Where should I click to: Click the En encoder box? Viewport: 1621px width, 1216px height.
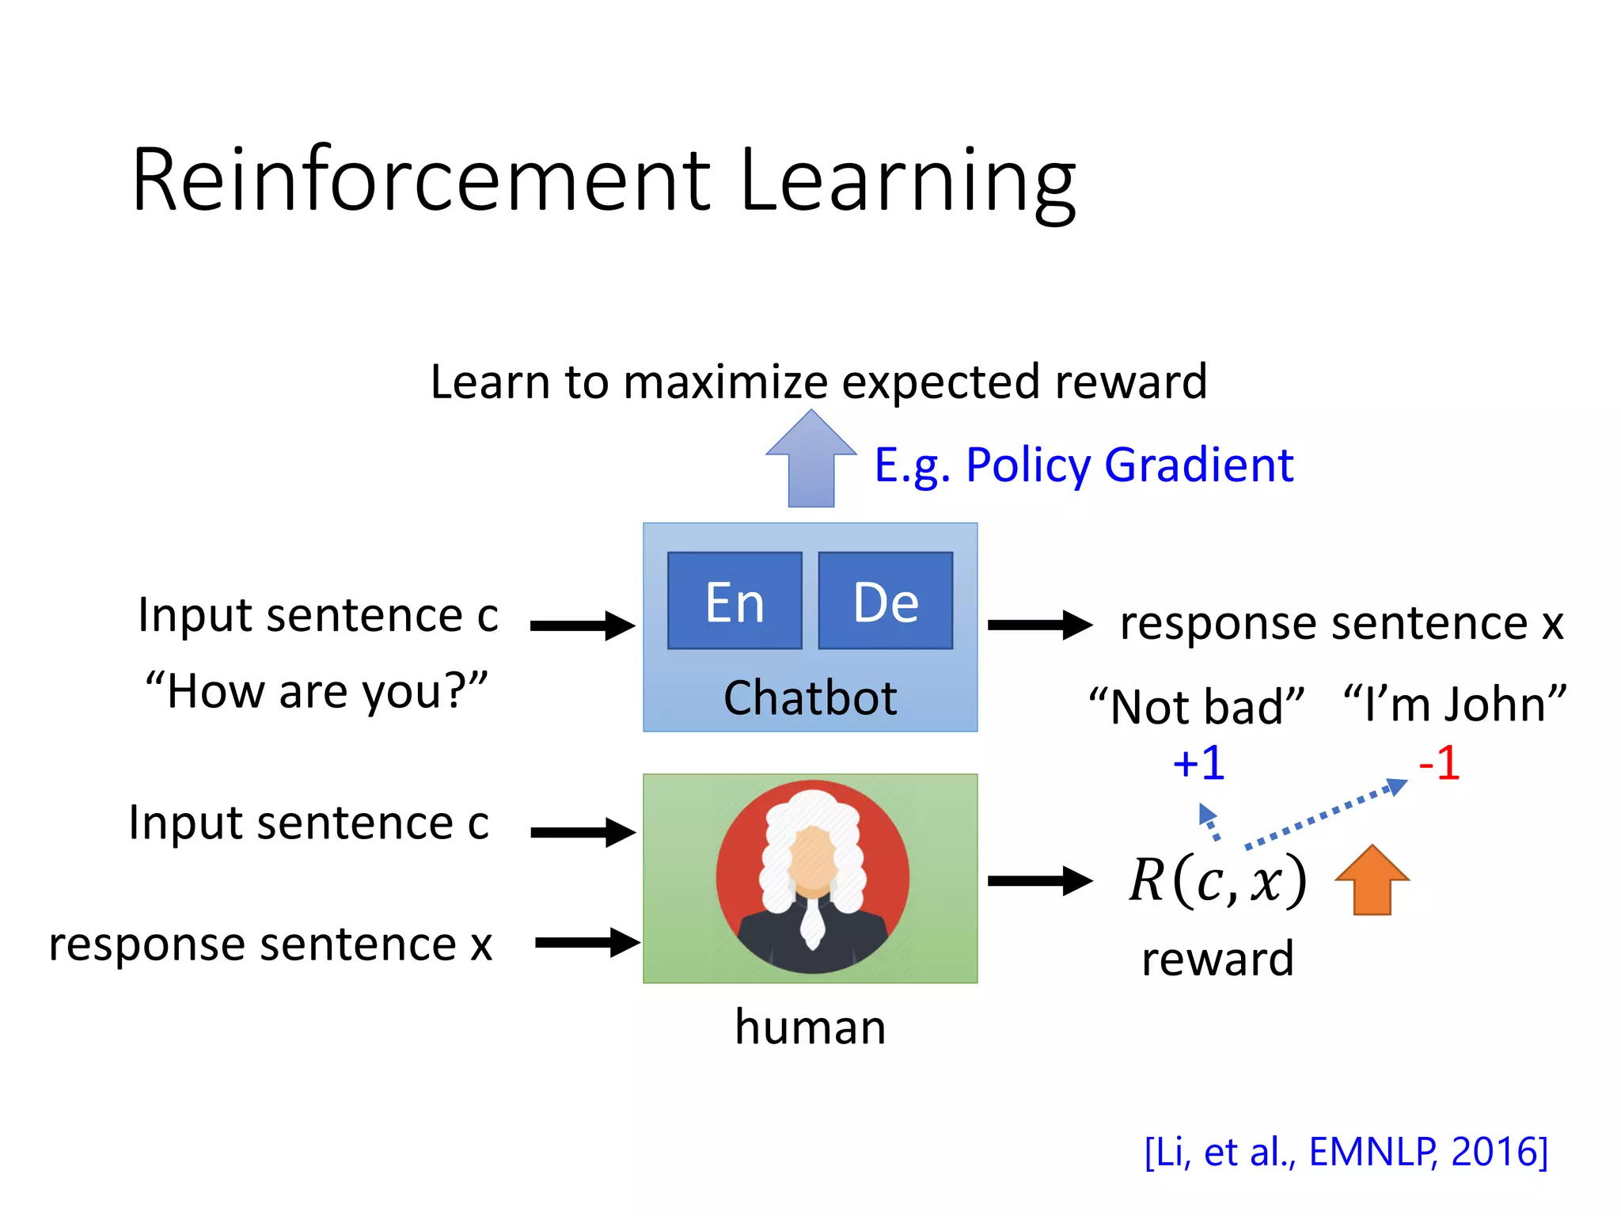(735, 602)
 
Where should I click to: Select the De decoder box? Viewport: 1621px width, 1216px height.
(885, 602)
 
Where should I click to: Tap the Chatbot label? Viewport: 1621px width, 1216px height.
(810, 698)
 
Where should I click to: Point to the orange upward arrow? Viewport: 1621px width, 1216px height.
(1372, 880)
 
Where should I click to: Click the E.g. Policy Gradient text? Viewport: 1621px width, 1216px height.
(1083, 465)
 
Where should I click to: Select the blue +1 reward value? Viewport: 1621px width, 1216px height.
(1198, 764)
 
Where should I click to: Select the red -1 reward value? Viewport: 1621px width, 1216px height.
(1439, 764)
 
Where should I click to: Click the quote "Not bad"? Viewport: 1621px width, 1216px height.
(1196, 705)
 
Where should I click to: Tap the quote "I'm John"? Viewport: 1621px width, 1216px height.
(1455, 704)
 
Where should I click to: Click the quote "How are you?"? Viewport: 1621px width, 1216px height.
(317, 691)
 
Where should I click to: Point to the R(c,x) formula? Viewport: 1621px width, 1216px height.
(1217, 880)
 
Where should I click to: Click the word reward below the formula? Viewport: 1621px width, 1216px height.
(1217, 959)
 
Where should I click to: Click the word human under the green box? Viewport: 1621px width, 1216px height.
(810, 1027)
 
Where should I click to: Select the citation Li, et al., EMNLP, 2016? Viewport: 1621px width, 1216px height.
(1346, 1152)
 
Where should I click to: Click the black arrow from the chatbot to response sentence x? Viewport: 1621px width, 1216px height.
(1039, 625)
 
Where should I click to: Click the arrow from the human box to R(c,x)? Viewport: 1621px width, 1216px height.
(1039, 880)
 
